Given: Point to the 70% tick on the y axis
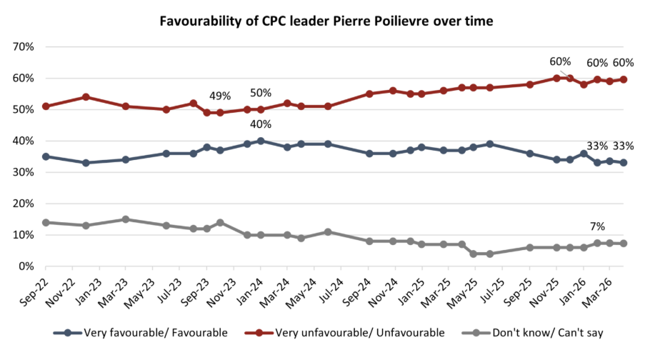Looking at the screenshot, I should pyautogui.click(x=24, y=47).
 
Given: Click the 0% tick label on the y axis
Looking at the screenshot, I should pyautogui.click(x=26, y=266).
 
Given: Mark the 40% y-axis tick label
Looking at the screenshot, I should pyautogui.click(x=24, y=141).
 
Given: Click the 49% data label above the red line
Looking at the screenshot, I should pyautogui.click(x=220, y=96).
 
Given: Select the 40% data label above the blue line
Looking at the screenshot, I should pyautogui.click(x=261, y=125).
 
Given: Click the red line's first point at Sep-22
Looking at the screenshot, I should pyautogui.click(x=46, y=106).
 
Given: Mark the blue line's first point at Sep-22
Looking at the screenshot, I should pyautogui.click(x=46, y=156).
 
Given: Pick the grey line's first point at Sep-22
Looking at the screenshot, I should pyautogui.click(x=46, y=222).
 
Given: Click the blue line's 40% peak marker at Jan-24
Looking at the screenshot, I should pyautogui.click(x=261, y=141).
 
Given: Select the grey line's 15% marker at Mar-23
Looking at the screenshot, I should pyautogui.click(x=126, y=219).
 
